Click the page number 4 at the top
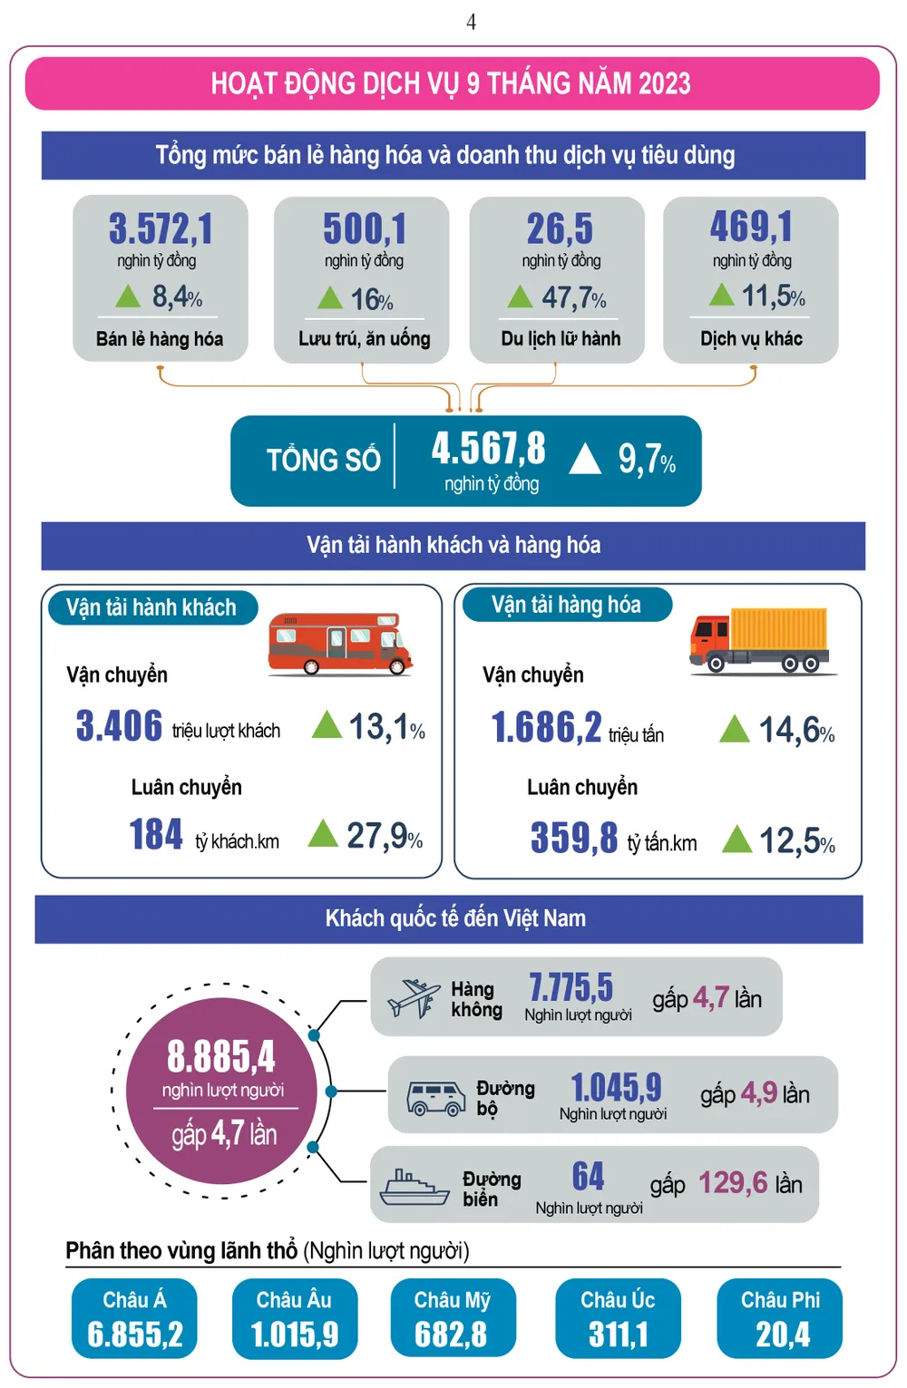[x=471, y=22]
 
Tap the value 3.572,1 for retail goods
[x=161, y=228]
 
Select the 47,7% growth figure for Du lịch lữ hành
[x=573, y=297]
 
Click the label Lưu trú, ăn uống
[x=364, y=339]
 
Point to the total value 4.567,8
[x=488, y=448]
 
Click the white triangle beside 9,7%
[x=585, y=459]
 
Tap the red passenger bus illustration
[x=339, y=644]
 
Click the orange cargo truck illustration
[x=760, y=640]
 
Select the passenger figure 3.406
[x=119, y=726]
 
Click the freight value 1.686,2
[x=546, y=727]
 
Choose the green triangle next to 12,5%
[x=736, y=840]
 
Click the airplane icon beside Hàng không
[x=413, y=998]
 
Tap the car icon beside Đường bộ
[x=436, y=1097]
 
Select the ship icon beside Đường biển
[x=414, y=1187]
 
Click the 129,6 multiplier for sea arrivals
[x=733, y=1183]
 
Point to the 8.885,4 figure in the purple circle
[x=220, y=1057]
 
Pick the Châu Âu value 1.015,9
[x=295, y=1335]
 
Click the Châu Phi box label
[x=780, y=1300]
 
